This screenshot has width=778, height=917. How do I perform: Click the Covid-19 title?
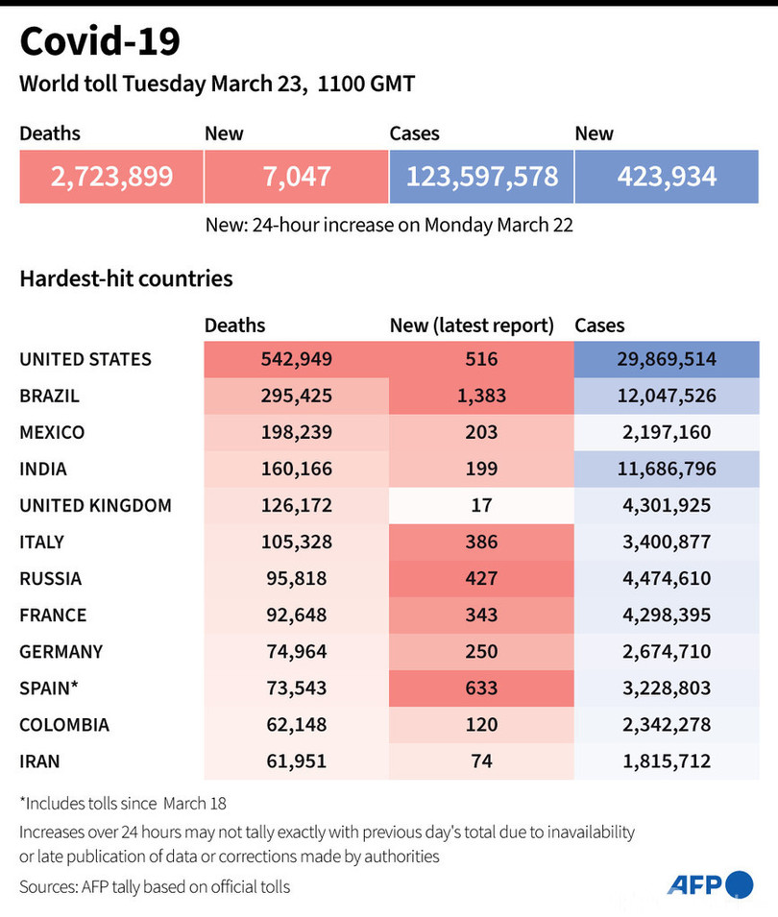[x=100, y=42]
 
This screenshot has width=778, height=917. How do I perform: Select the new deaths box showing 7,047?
[x=296, y=177]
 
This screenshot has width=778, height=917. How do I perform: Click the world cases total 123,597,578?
[x=481, y=177]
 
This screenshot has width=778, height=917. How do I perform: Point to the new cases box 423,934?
[x=667, y=177]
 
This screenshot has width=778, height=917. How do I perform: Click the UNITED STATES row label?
[x=85, y=359]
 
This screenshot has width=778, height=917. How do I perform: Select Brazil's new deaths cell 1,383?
[x=481, y=396]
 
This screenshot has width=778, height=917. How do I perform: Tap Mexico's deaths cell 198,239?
[x=296, y=432]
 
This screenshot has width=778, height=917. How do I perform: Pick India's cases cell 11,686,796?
[x=667, y=469]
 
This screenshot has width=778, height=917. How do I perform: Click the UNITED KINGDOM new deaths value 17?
[x=481, y=505]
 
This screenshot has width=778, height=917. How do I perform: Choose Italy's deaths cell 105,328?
[x=296, y=542]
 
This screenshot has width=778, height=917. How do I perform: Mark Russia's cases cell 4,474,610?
[x=667, y=578]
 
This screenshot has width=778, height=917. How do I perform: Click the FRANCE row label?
[x=53, y=615]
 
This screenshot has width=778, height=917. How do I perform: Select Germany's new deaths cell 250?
[x=481, y=651]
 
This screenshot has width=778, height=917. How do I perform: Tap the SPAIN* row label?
[x=48, y=688]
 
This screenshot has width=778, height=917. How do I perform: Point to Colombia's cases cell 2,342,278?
[x=667, y=724]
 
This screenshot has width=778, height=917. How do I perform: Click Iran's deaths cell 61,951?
[x=296, y=760]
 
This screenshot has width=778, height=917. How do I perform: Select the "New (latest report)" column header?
[x=472, y=326]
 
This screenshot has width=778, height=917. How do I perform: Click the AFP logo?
[x=710, y=884]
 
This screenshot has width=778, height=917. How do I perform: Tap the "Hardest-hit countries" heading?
[x=126, y=278]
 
